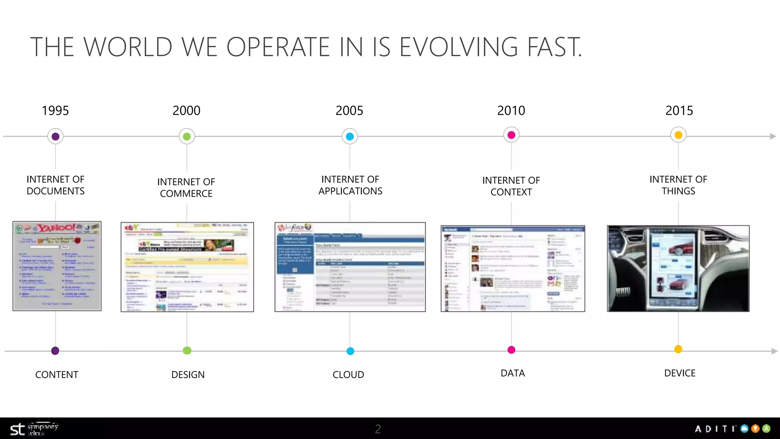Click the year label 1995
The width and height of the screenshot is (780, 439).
pyautogui.click(x=55, y=111)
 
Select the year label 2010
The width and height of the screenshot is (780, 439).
pyautogui.click(x=511, y=111)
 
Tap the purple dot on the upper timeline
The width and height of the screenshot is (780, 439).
pyautogui.click(x=56, y=136)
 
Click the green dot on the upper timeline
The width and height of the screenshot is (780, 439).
pyautogui.click(x=187, y=136)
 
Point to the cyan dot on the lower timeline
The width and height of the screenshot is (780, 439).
pyautogui.click(x=350, y=351)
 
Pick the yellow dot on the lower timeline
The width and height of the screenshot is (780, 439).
pyautogui.click(x=678, y=349)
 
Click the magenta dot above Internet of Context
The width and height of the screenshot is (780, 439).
pyautogui.click(x=511, y=135)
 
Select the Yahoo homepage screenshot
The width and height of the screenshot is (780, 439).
pyautogui.click(x=57, y=266)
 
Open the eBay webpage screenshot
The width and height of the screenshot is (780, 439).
pyautogui.click(x=187, y=267)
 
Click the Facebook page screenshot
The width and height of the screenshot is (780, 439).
pyautogui.click(x=513, y=269)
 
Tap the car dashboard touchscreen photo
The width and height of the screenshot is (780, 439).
pyautogui.click(x=678, y=269)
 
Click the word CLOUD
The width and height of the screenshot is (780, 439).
pyautogui.click(x=348, y=375)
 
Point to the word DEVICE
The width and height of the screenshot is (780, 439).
pyautogui.click(x=680, y=373)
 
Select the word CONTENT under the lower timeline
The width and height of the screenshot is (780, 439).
pyautogui.click(x=57, y=375)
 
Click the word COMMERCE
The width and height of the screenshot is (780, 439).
pyautogui.click(x=186, y=194)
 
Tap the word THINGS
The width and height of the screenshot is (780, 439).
pyautogui.click(x=678, y=191)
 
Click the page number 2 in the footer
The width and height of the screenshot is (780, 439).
pyautogui.click(x=378, y=429)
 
